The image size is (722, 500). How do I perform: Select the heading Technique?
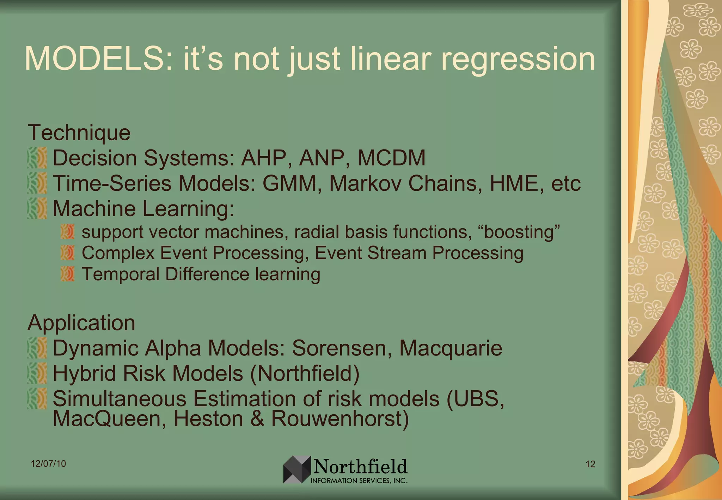pos(79,133)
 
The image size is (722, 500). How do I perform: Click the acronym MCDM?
pos(391,158)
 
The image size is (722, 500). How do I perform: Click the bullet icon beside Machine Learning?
pos(37,208)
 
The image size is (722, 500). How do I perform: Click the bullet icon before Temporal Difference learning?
pos(67,274)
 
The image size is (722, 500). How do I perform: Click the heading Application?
pos(81,323)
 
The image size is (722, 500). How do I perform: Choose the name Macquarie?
pos(450,348)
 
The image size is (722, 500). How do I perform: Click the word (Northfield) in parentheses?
pos(305,373)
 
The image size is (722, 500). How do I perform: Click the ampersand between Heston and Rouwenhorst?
pos(257,419)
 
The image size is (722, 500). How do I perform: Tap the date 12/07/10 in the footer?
pos(48,464)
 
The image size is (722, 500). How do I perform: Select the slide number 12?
pos(590,464)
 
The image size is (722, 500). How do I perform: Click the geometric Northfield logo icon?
pos(297,469)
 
